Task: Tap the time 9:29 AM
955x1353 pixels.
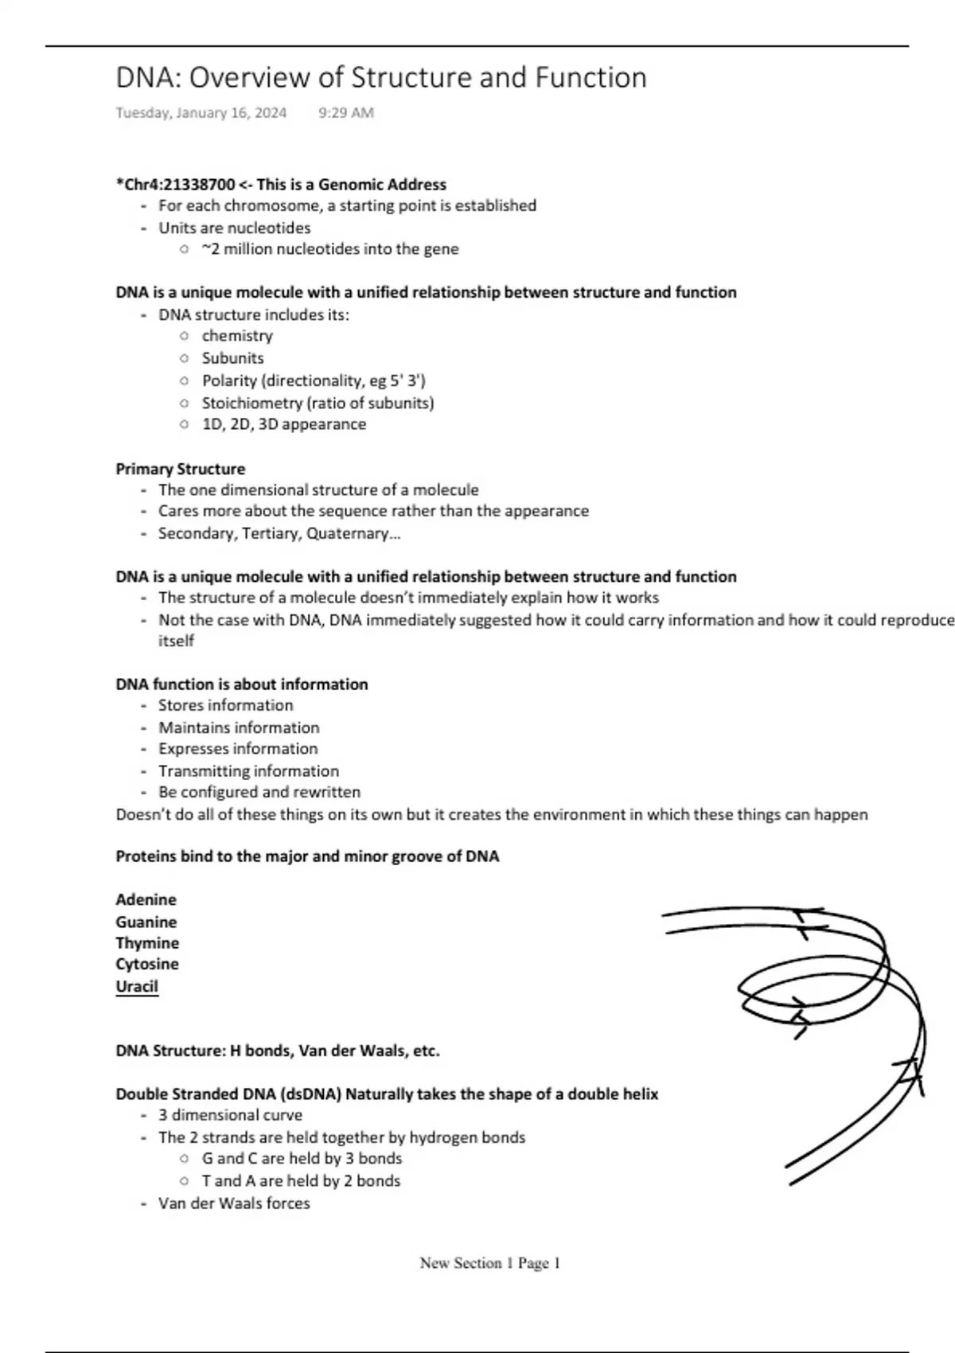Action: tap(345, 113)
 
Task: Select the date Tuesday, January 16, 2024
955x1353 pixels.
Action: tap(201, 113)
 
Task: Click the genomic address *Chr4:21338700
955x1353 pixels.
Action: tap(175, 185)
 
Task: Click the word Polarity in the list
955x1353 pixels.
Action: tap(229, 380)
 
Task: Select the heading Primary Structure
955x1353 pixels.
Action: tap(180, 469)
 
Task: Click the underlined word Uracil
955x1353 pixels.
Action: tap(137, 986)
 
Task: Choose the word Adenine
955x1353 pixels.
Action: tap(146, 899)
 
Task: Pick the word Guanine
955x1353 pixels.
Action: tap(146, 922)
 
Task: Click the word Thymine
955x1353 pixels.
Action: tap(147, 943)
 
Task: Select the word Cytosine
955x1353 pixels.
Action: tap(147, 964)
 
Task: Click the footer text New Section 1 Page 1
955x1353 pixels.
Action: tap(490, 1263)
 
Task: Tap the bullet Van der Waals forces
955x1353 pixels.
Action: tap(234, 1203)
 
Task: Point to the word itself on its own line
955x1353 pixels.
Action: tap(176, 641)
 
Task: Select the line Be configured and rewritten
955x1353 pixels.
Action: tap(259, 792)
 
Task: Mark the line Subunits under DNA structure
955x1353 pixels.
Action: tap(232, 358)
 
